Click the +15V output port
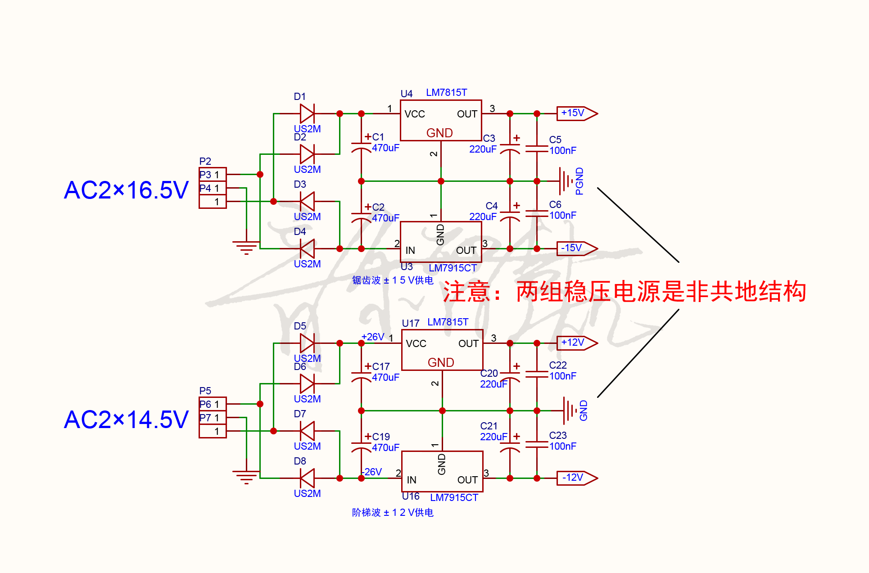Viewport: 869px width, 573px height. (x=576, y=113)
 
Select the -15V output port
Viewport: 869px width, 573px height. (x=576, y=248)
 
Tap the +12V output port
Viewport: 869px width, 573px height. (x=576, y=343)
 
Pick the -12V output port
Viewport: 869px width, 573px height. (x=576, y=478)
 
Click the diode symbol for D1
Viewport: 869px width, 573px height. (x=307, y=113)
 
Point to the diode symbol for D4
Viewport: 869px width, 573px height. (x=307, y=248)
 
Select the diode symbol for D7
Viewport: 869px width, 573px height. (x=307, y=431)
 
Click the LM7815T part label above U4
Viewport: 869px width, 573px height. (x=446, y=93)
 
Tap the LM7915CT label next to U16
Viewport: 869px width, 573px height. (x=454, y=498)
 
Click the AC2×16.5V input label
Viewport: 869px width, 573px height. (x=126, y=190)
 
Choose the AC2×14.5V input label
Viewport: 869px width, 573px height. (x=126, y=420)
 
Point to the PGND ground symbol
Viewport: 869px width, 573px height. (x=566, y=181)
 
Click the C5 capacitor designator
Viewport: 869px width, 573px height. (x=555, y=140)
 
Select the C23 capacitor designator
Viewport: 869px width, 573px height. (x=558, y=436)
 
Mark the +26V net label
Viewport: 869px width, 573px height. (x=373, y=337)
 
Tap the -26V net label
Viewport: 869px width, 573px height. (x=372, y=472)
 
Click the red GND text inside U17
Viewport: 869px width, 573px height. (x=441, y=363)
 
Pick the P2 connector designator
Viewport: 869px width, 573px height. (x=205, y=161)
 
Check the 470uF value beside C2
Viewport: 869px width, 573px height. (x=385, y=218)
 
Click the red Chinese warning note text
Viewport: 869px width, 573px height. (x=624, y=292)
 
